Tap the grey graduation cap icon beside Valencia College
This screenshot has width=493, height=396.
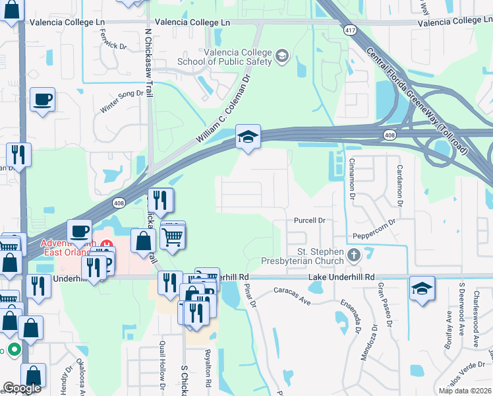click(x=283, y=55)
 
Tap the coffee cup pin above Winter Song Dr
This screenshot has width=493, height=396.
click(x=43, y=100)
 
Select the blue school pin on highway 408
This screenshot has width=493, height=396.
click(x=248, y=137)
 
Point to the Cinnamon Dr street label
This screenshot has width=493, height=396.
click(x=352, y=180)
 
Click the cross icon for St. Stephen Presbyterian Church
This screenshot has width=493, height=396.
click(x=354, y=255)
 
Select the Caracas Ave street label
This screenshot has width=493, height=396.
click(x=293, y=294)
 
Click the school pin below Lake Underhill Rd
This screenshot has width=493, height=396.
click(x=422, y=288)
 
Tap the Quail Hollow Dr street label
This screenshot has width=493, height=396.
click(x=162, y=366)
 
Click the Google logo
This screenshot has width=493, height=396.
click(x=22, y=388)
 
